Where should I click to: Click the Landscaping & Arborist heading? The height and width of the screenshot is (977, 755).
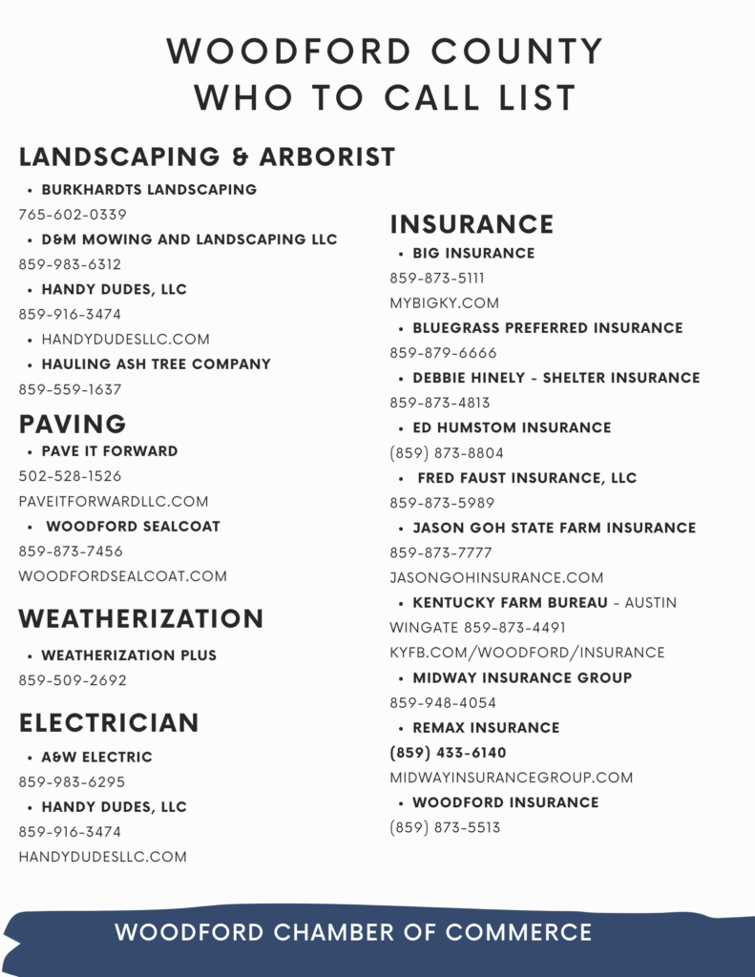tap(206, 157)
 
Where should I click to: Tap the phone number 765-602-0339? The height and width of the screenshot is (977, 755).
tap(73, 215)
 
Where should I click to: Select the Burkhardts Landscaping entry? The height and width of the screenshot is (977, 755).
tap(149, 190)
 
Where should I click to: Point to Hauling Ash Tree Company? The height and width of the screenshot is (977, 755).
tap(156, 364)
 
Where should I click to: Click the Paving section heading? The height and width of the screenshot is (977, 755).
tap(73, 425)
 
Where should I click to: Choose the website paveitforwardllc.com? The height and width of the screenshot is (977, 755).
tap(114, 501)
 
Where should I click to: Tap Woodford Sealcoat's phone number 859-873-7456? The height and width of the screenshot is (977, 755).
tap(71, 551)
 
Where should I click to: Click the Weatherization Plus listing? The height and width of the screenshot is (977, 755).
tap(129, 655)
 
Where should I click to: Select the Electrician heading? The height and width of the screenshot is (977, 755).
tap(109, 723)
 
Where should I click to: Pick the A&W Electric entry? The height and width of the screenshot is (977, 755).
tap(96, 758)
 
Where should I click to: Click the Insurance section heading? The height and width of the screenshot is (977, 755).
tap(472, 224)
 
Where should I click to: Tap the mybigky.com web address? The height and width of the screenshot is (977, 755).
tap(444, 303)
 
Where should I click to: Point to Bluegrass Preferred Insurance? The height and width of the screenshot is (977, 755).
tap(547, 328)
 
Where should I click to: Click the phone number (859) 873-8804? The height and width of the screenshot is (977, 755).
tap(447, 453)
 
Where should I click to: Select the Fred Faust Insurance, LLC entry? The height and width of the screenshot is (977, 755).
tap(526, 478)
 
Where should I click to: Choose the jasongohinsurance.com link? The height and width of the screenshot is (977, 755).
tap(496, 577)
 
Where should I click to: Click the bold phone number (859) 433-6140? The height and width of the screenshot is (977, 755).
tap(448, 753)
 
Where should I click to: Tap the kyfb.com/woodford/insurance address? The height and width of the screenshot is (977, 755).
tap(527, 653)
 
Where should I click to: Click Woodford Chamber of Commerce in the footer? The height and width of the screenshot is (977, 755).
tap(353, 932)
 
